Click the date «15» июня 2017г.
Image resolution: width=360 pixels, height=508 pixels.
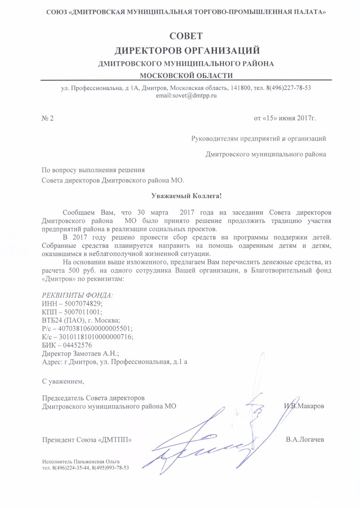[285, 118]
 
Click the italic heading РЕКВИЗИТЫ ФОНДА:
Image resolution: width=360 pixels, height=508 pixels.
[78, 295]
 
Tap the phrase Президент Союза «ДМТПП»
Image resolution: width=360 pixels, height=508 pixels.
[87, 440]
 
